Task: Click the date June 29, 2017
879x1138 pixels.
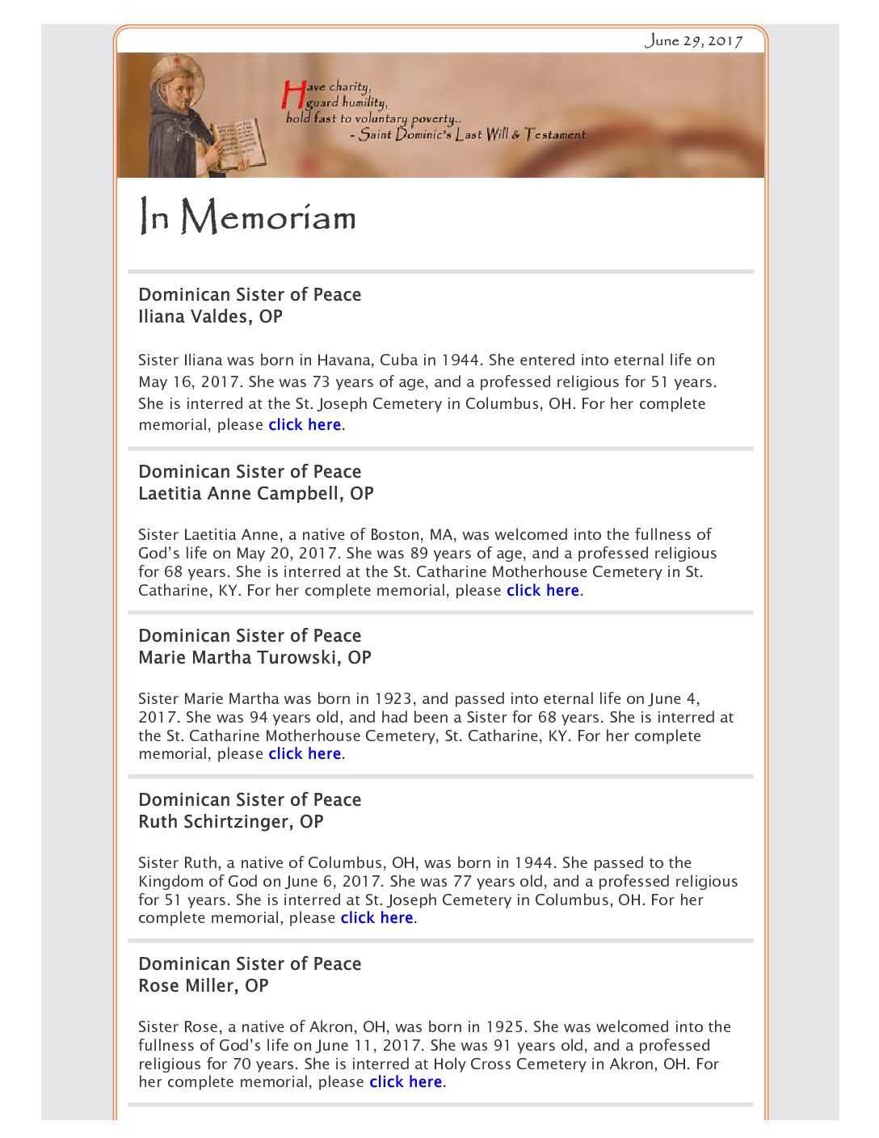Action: [x=693, y=40]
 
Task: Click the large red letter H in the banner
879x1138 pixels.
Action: [x=292, y=95]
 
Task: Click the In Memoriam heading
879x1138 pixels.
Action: [x=247, y=217]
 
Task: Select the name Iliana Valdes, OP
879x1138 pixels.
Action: [x=210, y=316]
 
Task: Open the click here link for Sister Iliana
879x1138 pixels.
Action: [x=305, y=425]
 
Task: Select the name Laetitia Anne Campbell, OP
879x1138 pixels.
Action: [x=255, y=493]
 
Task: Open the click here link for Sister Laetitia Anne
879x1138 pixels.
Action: [x=542, y=591]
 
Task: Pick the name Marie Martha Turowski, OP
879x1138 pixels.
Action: [x=254, y=657]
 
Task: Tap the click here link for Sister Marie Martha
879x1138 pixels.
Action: [x=305, y=754]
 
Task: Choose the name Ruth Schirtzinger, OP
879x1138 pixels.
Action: [x=230, y=821]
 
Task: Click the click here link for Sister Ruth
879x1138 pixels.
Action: [x=376, y=918]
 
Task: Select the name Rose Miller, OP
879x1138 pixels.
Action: [x=203, y=985]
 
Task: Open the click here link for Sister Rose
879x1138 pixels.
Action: [x=406, y=1082]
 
